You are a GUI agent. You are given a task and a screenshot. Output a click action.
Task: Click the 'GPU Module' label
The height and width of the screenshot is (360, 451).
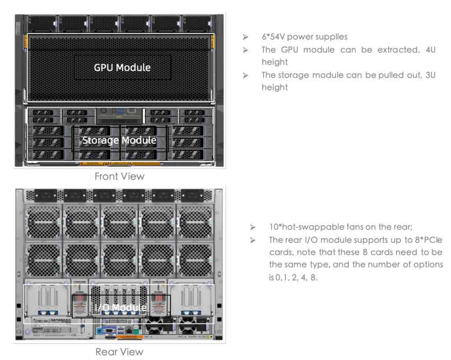(122, 67)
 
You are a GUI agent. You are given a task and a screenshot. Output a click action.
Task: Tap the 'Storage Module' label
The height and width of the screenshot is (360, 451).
(119, 140)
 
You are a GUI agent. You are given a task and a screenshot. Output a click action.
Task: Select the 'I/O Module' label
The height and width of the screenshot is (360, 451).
(120, 307)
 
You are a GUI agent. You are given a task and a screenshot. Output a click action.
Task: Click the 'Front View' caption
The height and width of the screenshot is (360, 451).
(119, 176)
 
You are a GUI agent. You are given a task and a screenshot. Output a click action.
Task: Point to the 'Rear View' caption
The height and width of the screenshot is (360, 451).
(119, 352)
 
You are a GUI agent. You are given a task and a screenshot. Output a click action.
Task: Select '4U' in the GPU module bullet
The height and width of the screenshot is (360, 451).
(429, 50)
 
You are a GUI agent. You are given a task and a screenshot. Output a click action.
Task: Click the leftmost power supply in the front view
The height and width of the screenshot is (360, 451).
(42, 23)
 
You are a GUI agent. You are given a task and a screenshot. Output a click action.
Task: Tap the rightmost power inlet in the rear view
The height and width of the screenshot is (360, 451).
(192, 195)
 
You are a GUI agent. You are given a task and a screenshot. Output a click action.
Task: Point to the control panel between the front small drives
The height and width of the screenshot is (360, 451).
(120, 115)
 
